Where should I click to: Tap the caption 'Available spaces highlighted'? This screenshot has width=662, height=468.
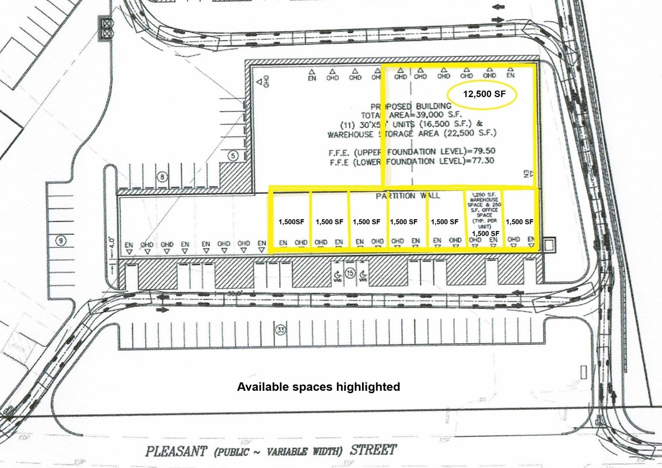(x=318, y=387)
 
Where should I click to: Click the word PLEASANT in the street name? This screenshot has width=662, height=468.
(x=176, y=451)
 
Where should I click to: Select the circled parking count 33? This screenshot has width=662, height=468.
(x=281, y=330)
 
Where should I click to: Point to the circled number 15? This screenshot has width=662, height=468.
(x=350, y=273)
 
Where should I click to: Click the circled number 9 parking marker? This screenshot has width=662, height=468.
(x=61, y=240)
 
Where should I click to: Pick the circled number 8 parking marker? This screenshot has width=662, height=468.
(x=163, y=176)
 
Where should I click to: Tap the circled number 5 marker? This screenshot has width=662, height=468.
(x=233, y=156)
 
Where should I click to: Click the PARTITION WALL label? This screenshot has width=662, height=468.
(x=408, y=196)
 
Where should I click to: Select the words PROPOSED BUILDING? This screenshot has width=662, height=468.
(x=411, y=106)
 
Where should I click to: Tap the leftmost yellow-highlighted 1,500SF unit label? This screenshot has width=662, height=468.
(x=291, y=222)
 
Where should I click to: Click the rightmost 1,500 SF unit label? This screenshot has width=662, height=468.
(x=519, y=222)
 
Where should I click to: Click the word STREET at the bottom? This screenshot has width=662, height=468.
(x=373, y=450)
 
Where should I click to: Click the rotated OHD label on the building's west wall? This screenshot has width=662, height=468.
(x=266, y=81)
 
